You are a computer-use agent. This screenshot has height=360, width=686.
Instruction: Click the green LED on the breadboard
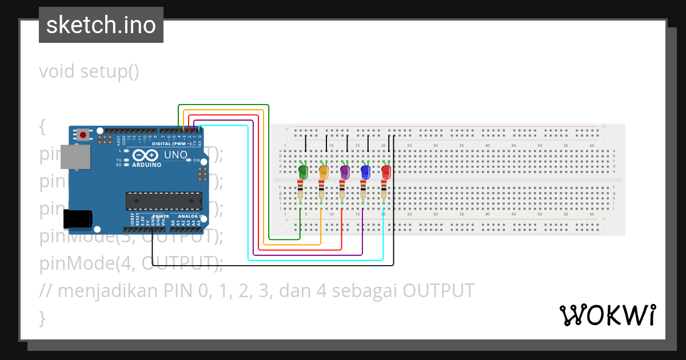tap(303, 171)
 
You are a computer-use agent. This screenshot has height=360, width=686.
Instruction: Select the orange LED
tap(324, 171)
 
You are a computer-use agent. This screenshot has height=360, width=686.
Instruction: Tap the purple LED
tap(344, 171)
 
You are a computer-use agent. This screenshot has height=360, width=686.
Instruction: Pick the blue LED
tap(365, 171)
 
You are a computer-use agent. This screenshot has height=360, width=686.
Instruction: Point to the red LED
tap(386, 171)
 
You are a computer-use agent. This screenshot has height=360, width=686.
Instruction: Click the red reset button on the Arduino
tap(83, 135)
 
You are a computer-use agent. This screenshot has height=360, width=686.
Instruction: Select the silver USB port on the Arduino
tap(75, 157)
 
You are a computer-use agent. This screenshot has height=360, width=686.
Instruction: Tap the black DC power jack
tap(78, 219)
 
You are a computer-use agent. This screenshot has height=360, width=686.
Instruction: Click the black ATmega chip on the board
tap(164, 201)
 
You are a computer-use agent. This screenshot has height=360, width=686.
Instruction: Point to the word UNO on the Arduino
tap(176, 155)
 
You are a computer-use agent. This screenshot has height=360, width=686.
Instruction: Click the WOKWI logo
tap(607, 315)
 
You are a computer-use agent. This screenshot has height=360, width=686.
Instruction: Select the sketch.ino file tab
tap(101, 25)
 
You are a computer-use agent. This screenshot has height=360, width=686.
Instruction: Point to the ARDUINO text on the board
tap(147, 165)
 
